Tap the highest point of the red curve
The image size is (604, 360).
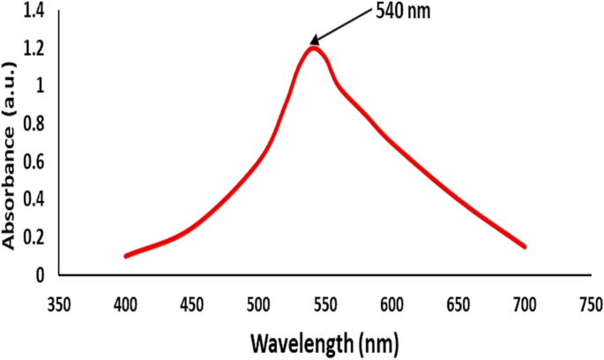click(312, 48)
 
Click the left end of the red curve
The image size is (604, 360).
click(126, 256)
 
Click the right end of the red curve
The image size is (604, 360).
click(525, 246)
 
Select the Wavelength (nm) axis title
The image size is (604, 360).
click(325, 340)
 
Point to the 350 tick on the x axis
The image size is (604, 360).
click(59, 304)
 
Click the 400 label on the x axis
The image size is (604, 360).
click(125, 304)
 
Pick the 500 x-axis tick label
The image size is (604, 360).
click(258, 304)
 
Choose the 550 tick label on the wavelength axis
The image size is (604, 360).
click(325, 304)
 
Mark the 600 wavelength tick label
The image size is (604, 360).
click(391, 304)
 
